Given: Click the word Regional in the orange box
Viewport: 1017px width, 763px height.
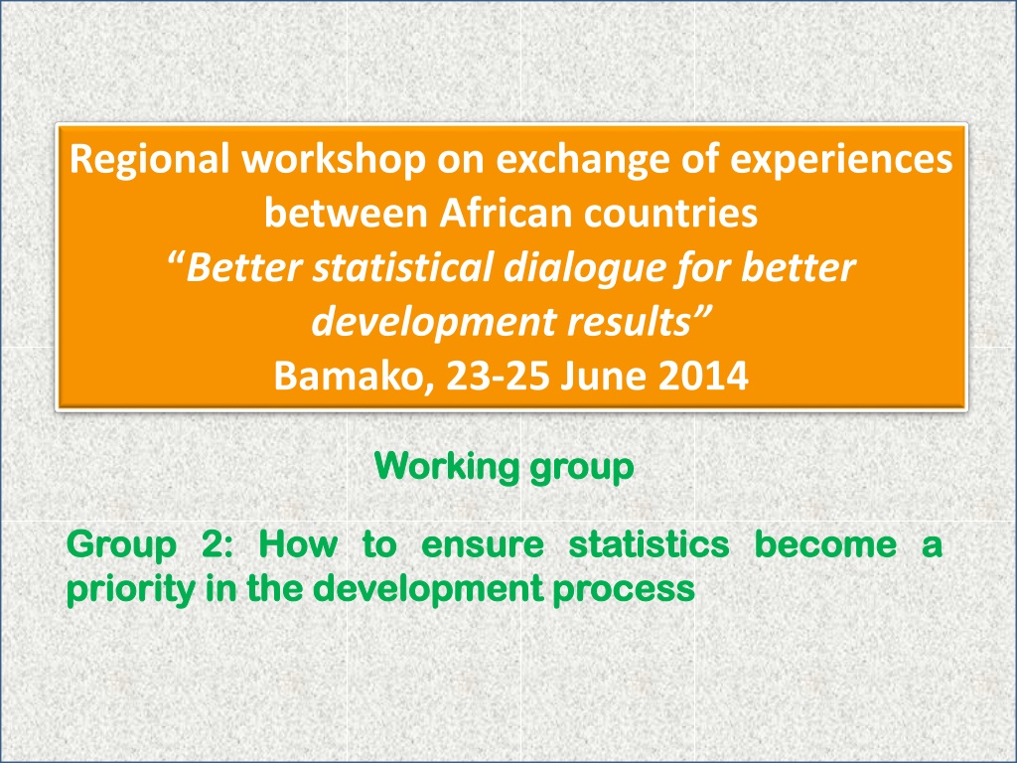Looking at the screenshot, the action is pyautogui.click(x=149, y=160).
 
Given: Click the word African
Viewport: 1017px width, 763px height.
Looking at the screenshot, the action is pyautogui.click(x=506, y=213).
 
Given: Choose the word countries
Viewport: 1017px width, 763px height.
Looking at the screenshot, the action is pyautogui.click(x=670, y=213).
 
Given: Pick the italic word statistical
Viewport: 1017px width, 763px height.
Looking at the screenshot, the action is pyautogui.click(x=403, y=266).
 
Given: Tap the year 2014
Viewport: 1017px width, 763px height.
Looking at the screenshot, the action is pyautogui.click(x=703, y=376).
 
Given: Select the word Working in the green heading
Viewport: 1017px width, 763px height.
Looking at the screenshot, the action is pyautogui.click(x=447, y=467).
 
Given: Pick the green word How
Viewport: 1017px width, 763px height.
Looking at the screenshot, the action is pyautogui.click(x=298, y=544).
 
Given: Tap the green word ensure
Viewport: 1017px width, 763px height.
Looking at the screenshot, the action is pyautogui.click(x=483, y=545).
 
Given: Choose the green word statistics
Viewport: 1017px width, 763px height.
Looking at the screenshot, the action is pyautogui.click(x=649, y=544).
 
